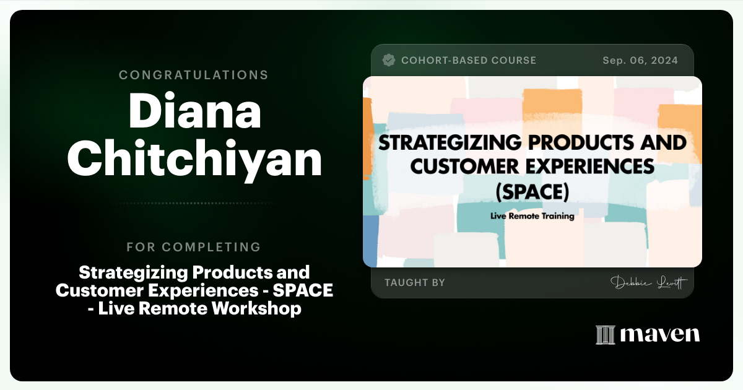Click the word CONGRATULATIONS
(194, 75)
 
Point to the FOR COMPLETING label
(194, 247)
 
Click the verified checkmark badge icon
(389, 60)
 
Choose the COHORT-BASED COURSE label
(469, 61)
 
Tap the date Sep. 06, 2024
(640, 61)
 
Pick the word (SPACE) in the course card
(532, 192)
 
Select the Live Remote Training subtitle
(532, 217)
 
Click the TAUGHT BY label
(415, 282)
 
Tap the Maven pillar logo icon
(605, 335)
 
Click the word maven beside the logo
(660, 335)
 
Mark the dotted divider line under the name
(194, 203)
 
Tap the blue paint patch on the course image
(370, 238)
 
